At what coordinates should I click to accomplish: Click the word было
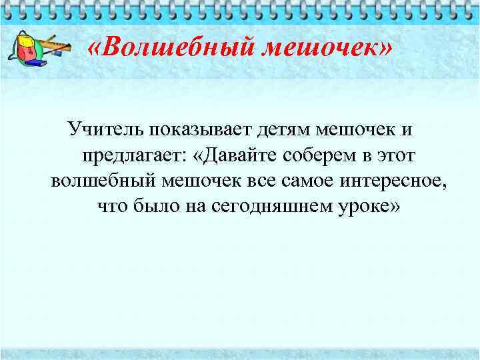[151, 206]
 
